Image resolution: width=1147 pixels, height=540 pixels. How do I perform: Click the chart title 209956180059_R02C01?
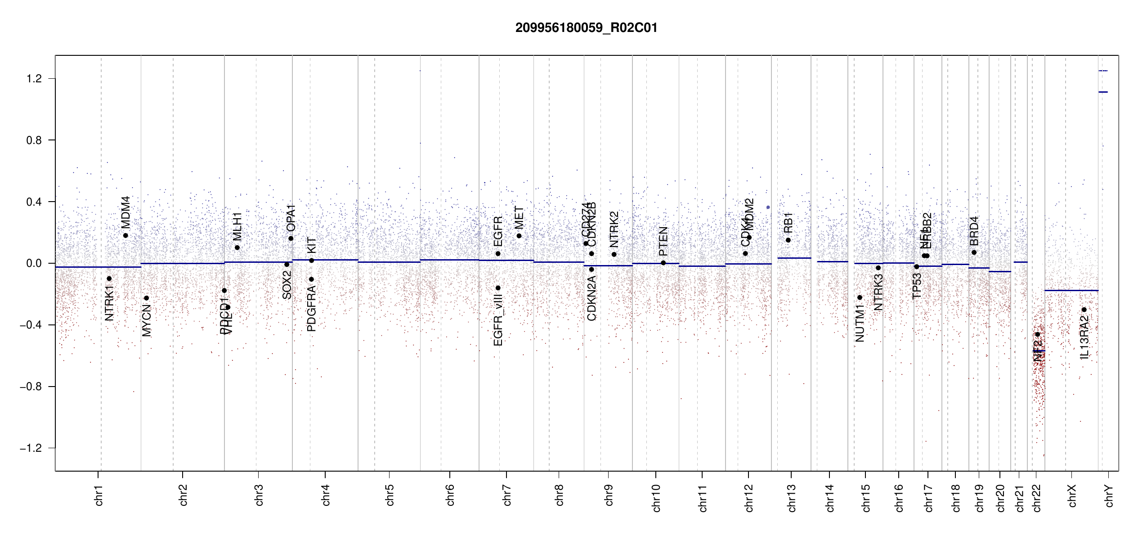[x=586, y=28]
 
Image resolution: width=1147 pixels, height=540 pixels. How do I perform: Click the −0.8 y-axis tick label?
[x=31, y=387]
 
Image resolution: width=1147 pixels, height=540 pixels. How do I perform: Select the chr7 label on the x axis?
[x=507, y=495]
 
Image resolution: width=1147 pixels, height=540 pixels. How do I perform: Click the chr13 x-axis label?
[x=791, y=498]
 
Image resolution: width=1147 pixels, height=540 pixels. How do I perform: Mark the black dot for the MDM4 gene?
[x=125, y=235]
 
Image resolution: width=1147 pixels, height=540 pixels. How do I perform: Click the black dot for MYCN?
[x=146, y=298]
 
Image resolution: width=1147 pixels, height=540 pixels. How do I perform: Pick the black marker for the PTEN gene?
[x=663, y=263]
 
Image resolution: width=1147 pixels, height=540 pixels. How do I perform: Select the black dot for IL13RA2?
[x=1084, y=310]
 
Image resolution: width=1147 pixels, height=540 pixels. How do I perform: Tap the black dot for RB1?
[x=788, y=240]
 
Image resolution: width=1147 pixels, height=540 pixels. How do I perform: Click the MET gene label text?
[x=519, y=218]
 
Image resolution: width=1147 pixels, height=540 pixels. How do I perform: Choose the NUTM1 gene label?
[x=860, y=323]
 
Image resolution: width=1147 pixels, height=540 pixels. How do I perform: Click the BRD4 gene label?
[x=974, y=231]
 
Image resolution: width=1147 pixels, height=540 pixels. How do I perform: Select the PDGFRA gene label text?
[x=311, y=309]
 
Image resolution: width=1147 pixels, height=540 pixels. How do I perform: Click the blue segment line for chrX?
[x=1071, y=291]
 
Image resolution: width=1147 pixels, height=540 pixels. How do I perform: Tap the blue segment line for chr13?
[x=794, y=258]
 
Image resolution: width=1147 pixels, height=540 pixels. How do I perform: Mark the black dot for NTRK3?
[x=878, y=268]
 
